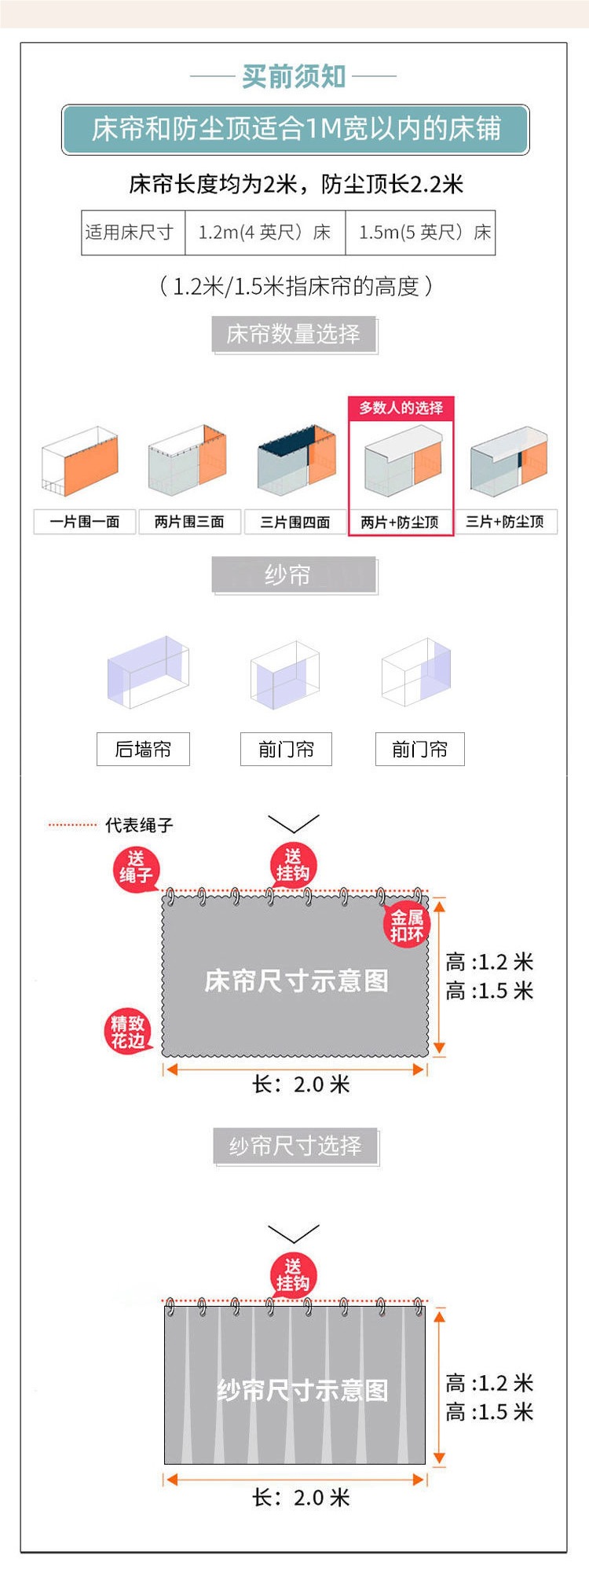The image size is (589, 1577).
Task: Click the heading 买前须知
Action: click(294, 76)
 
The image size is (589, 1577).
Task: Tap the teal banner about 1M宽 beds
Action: click(295, 129)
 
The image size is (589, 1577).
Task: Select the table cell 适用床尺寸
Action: click(130, 233)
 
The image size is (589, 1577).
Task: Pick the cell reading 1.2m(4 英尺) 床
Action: click(265, 233)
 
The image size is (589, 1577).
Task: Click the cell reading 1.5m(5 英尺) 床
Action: click(424, 233)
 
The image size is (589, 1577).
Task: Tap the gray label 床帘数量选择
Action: click(294, 334)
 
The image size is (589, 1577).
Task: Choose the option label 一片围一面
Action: click(85, 522)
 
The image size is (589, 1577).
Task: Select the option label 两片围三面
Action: click(189, 522)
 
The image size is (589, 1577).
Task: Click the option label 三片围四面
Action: click(295, 522)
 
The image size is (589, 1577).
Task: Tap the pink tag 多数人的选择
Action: click(401, 408)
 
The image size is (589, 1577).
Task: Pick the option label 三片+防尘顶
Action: click(505, 522)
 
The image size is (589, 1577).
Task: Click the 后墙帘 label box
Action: click(143, 750)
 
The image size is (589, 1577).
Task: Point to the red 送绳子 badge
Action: click(136, 868)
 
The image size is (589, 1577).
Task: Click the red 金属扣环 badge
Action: click(407, 926)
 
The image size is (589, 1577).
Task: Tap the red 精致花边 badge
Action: click(127, 1032)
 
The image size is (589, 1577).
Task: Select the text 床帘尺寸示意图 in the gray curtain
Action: click(296, 981)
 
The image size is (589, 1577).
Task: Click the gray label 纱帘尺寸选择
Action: click(295, 1146)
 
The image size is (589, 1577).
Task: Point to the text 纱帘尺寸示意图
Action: click(302, 1390)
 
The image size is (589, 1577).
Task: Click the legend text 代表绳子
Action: click(139, 825)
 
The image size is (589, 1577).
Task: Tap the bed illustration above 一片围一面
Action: click(82, 463)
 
